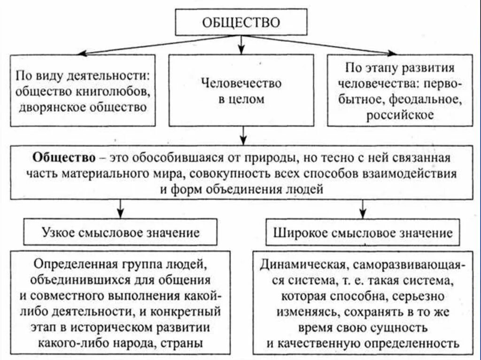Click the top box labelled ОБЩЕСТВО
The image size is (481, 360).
tap(241, 22)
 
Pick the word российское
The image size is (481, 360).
tap(400, 115)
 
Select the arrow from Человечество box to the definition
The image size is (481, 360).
tap(242, 136)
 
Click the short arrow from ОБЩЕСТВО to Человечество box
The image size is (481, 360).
tap(241, 45)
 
